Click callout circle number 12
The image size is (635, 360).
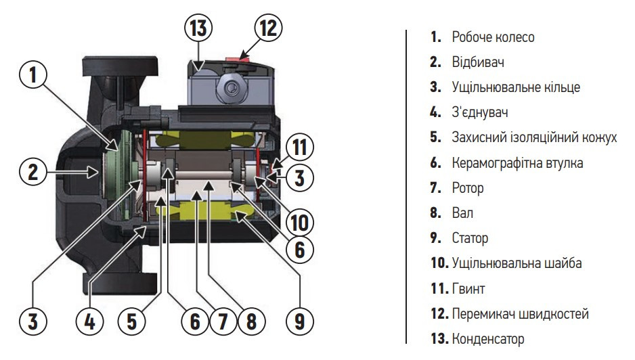267,29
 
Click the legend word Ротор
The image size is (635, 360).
467,188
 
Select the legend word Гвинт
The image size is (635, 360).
468,289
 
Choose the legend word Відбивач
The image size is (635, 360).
477,62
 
